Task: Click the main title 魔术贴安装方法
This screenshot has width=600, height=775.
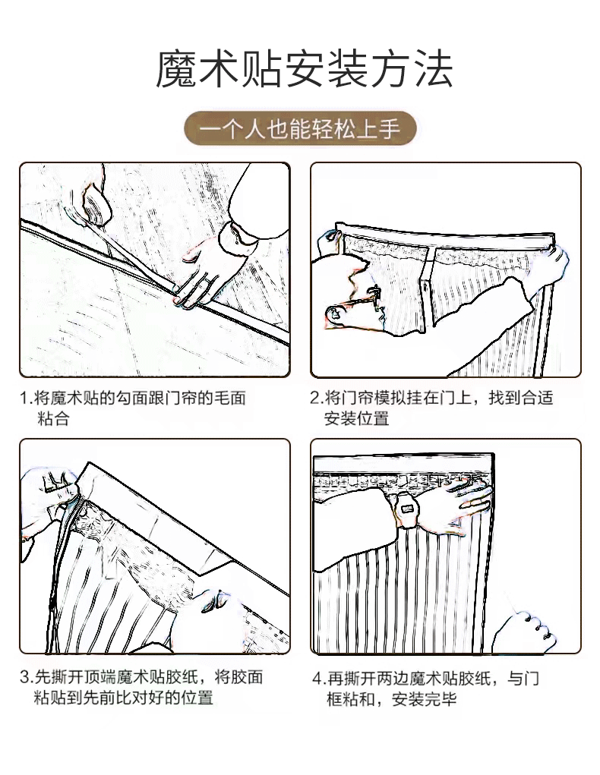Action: (x=304, y=71)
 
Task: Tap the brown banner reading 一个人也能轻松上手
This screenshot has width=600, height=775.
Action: (x=300, y=129)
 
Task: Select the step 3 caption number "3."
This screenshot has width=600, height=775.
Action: (x=26, y=677)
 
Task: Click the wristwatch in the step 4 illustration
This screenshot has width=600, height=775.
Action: (x=409, y=505)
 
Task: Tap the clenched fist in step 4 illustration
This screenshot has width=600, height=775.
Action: (x=523, y=629)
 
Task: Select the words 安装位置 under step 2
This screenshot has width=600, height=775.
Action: (x=356, y=418)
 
